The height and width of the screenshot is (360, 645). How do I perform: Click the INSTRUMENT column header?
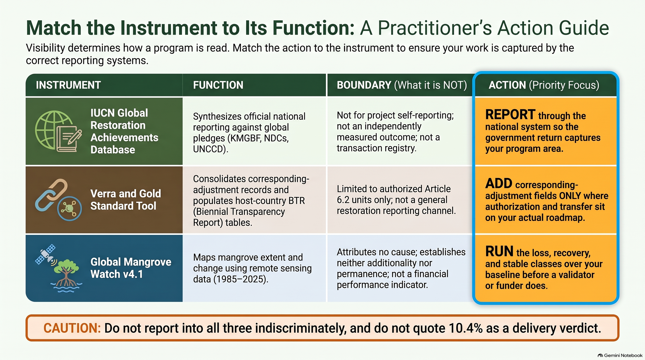[68, 85]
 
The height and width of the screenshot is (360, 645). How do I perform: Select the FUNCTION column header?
[218, 85]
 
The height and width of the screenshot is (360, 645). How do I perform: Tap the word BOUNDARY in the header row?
[364, 85]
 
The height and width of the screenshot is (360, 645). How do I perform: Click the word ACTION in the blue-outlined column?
[507, 85]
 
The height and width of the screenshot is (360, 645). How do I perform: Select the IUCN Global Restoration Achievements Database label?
[124, 131]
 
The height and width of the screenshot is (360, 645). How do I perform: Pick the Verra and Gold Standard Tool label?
[125, 200]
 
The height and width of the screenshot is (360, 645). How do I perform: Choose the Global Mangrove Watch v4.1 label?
[131, 268]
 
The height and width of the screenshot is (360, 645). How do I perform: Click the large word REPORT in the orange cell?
[510, 115]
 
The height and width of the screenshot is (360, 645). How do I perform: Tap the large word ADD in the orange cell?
[499, 184]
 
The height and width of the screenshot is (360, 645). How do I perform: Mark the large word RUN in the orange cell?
[499, 251]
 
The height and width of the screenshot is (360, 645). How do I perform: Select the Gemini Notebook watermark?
[620, 355]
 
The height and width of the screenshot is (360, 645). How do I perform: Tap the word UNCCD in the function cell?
[210, 149]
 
